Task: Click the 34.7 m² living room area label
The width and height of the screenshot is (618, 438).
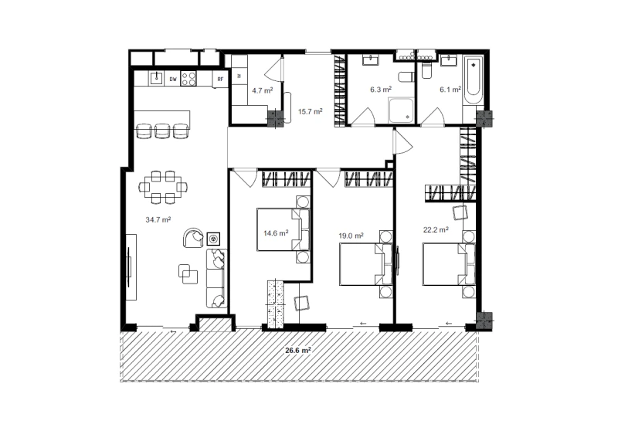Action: (x=158, y=219)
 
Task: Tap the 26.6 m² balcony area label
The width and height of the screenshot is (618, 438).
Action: (x=298, y=350)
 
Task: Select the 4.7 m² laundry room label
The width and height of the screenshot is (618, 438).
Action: (x=263, y=90)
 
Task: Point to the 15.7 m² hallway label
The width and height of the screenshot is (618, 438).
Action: (x=311, y=111)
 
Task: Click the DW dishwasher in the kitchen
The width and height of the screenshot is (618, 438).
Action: (x=173, y=79)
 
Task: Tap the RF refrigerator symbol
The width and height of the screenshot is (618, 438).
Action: (x=220, y=80)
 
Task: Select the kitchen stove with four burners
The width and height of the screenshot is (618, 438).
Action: (x=188, y=79)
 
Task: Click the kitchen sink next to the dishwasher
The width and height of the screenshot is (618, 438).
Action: (x=157, y=78)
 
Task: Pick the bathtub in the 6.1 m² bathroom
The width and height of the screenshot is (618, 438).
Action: (x=473, y=81)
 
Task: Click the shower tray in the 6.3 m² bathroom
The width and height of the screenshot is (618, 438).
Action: (x=401, y=110)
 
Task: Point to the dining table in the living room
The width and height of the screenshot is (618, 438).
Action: (x=163, y=187)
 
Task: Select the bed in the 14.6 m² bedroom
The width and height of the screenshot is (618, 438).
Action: (x=284, y=229)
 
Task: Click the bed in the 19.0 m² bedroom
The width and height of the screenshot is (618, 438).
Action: (x=366, y=264)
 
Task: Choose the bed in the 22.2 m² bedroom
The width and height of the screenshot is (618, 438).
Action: (x=449, y=264)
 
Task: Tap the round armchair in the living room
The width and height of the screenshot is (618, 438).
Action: (x=194, y=238)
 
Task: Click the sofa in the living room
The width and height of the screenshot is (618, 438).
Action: (x=217, y=278)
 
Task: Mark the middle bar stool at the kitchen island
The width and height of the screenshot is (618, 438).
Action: (x=162, y=131)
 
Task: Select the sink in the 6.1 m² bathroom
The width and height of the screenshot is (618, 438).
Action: (x=449, y=60)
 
